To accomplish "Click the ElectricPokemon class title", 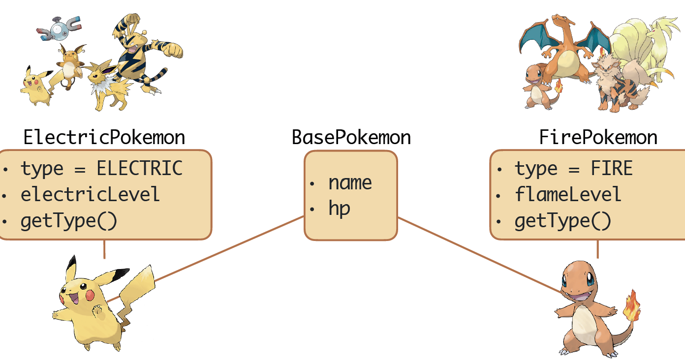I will pos(104,137).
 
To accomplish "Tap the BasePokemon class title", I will pos(351,137).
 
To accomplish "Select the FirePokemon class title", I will pos(598,137).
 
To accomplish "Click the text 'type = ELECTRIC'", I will pos(101,168).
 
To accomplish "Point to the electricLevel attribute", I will pos(90,195).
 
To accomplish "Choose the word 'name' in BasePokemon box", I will pos(350,183).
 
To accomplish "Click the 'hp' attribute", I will pos(339,209).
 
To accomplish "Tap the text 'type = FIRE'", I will pos(573,169).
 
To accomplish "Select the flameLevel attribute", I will pos(568,195).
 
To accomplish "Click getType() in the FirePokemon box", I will pos(562,221).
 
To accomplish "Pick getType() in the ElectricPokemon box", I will pos(69,221).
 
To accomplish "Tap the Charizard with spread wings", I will pos(566,47).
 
